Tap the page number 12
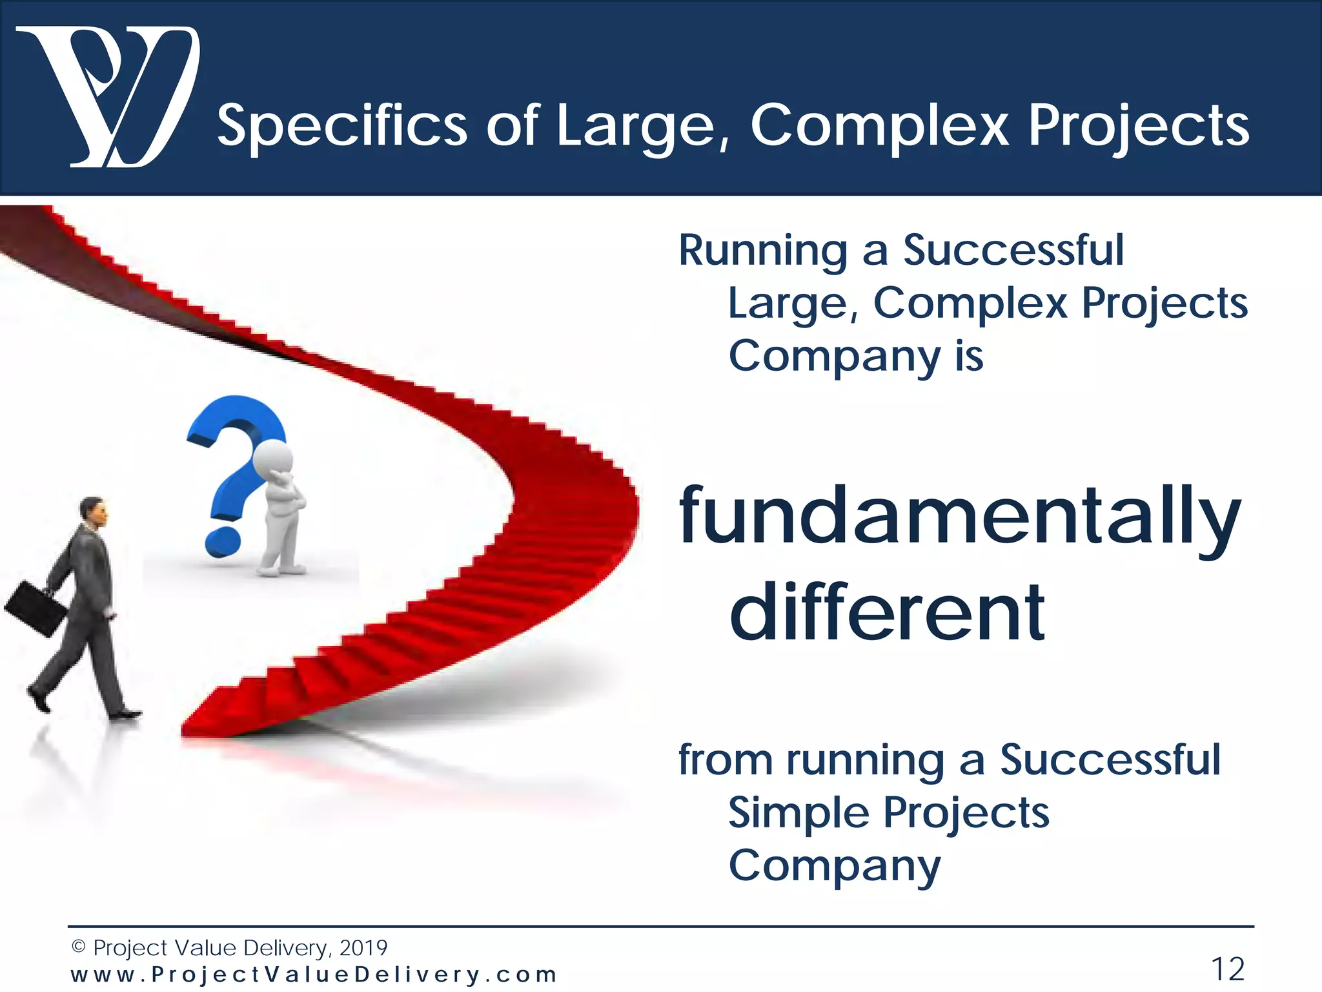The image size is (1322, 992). pyautogui.click(x=1227, y=969)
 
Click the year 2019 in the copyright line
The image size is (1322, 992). pyautogui.click(x=363, y=947)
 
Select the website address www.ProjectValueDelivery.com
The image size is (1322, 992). pyautogui.click(x=314, y=974)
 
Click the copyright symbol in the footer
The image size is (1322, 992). pyautogui.click(x=78, y=947)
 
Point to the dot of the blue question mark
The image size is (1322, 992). pyautogui.click(x=222, y=542)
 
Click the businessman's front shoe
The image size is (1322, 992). pyautogui.click(x=126, y=714)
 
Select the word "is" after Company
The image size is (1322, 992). pyautogui.click(x=969, y=356)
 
